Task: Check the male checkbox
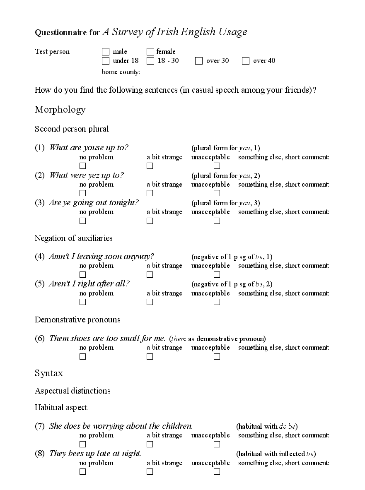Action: (106, 52)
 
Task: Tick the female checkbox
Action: (150, 52)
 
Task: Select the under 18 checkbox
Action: (106, 61)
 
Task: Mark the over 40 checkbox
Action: (246, 61)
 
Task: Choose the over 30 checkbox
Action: (199, 61)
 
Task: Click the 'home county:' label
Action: (121, 72)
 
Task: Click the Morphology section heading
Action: (60, 110)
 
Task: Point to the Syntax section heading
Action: (49, 373)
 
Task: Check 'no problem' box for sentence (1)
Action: (83, 166)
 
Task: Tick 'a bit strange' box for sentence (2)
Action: (150, 193)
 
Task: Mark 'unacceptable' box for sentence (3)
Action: (217, 221)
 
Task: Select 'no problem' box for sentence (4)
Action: (83, 274)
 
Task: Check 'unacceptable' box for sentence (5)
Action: (217, 302)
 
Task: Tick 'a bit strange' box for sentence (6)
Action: (150, 356)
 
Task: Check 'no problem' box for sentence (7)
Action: (83, 444)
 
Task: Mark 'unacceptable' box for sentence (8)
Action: (217, 472)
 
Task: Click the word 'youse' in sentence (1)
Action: (94, 148)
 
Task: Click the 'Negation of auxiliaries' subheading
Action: (73, 238)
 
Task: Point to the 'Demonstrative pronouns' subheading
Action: (77, 320)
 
